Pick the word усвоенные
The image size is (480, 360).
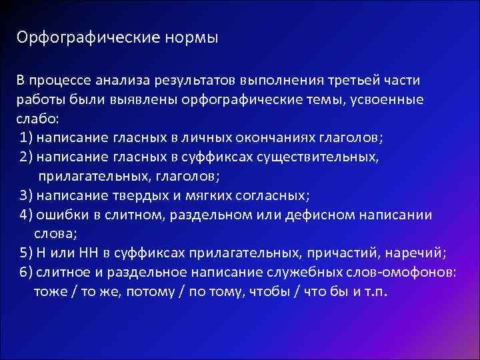(x=387, y=100)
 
